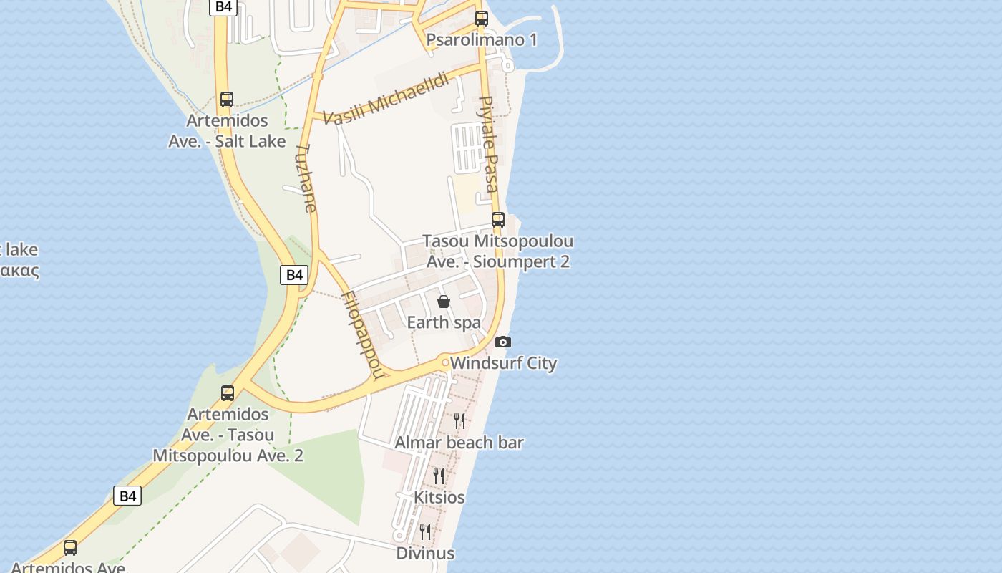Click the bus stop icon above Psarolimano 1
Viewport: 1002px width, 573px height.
482,19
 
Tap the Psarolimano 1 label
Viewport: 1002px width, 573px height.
482,39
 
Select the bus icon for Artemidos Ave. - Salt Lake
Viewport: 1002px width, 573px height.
227,100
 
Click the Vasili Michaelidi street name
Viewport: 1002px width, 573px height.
386,99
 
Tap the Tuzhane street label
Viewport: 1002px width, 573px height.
306,178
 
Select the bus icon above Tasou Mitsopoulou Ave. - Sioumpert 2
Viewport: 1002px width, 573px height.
498,220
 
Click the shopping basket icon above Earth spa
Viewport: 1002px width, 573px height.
444,302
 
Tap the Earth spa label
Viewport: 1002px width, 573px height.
444,322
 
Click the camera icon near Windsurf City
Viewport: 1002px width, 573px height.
503,342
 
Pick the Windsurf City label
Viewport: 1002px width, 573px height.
503,363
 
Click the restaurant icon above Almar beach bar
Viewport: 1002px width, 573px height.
459,420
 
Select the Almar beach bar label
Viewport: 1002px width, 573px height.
459,443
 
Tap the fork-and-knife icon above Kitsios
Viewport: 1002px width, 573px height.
439,476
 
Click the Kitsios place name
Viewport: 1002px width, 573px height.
439,497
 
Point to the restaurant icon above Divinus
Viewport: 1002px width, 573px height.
425,531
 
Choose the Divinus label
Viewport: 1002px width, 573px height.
425,553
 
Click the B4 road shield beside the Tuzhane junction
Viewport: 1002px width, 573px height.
294,274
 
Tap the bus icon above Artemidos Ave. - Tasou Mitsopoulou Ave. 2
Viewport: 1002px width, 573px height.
228,393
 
